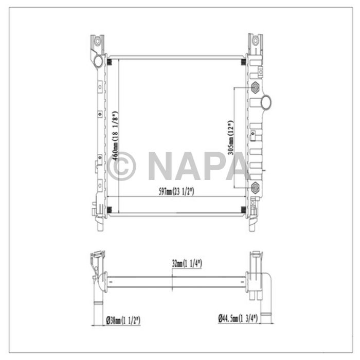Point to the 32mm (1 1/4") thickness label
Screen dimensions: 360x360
pyautogui.click(x=187, y=263)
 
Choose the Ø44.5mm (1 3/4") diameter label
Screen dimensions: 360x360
pyautogui.click(x=237, y=319)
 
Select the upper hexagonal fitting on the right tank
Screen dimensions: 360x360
pyautogui.click(x=255, y=88)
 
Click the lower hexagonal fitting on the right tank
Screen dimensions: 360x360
pyautogui.click(x=255, y=187)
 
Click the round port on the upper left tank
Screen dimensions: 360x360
pyautogui.click(x=98, y=62)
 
